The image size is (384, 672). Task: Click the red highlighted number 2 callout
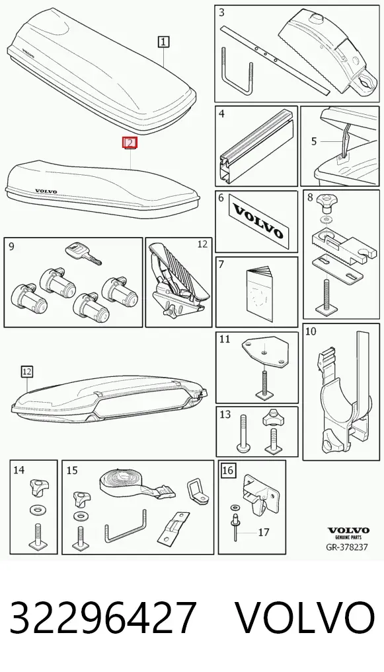pos(130,143)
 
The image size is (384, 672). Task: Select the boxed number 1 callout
pos(163,42)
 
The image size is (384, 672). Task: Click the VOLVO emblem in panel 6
pos(257,221)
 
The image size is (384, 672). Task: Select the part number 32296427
pos(103,618)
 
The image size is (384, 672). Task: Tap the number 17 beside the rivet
pos(264,532)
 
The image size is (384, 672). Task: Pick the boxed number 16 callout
pos(227,471)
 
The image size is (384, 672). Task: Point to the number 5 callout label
pos(315,141)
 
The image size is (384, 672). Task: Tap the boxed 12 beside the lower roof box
pos(26,371)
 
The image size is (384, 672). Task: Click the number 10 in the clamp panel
pos(311,331)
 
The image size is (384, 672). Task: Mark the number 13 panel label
pos(225,415)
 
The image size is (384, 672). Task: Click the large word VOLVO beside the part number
pos(306,618)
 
